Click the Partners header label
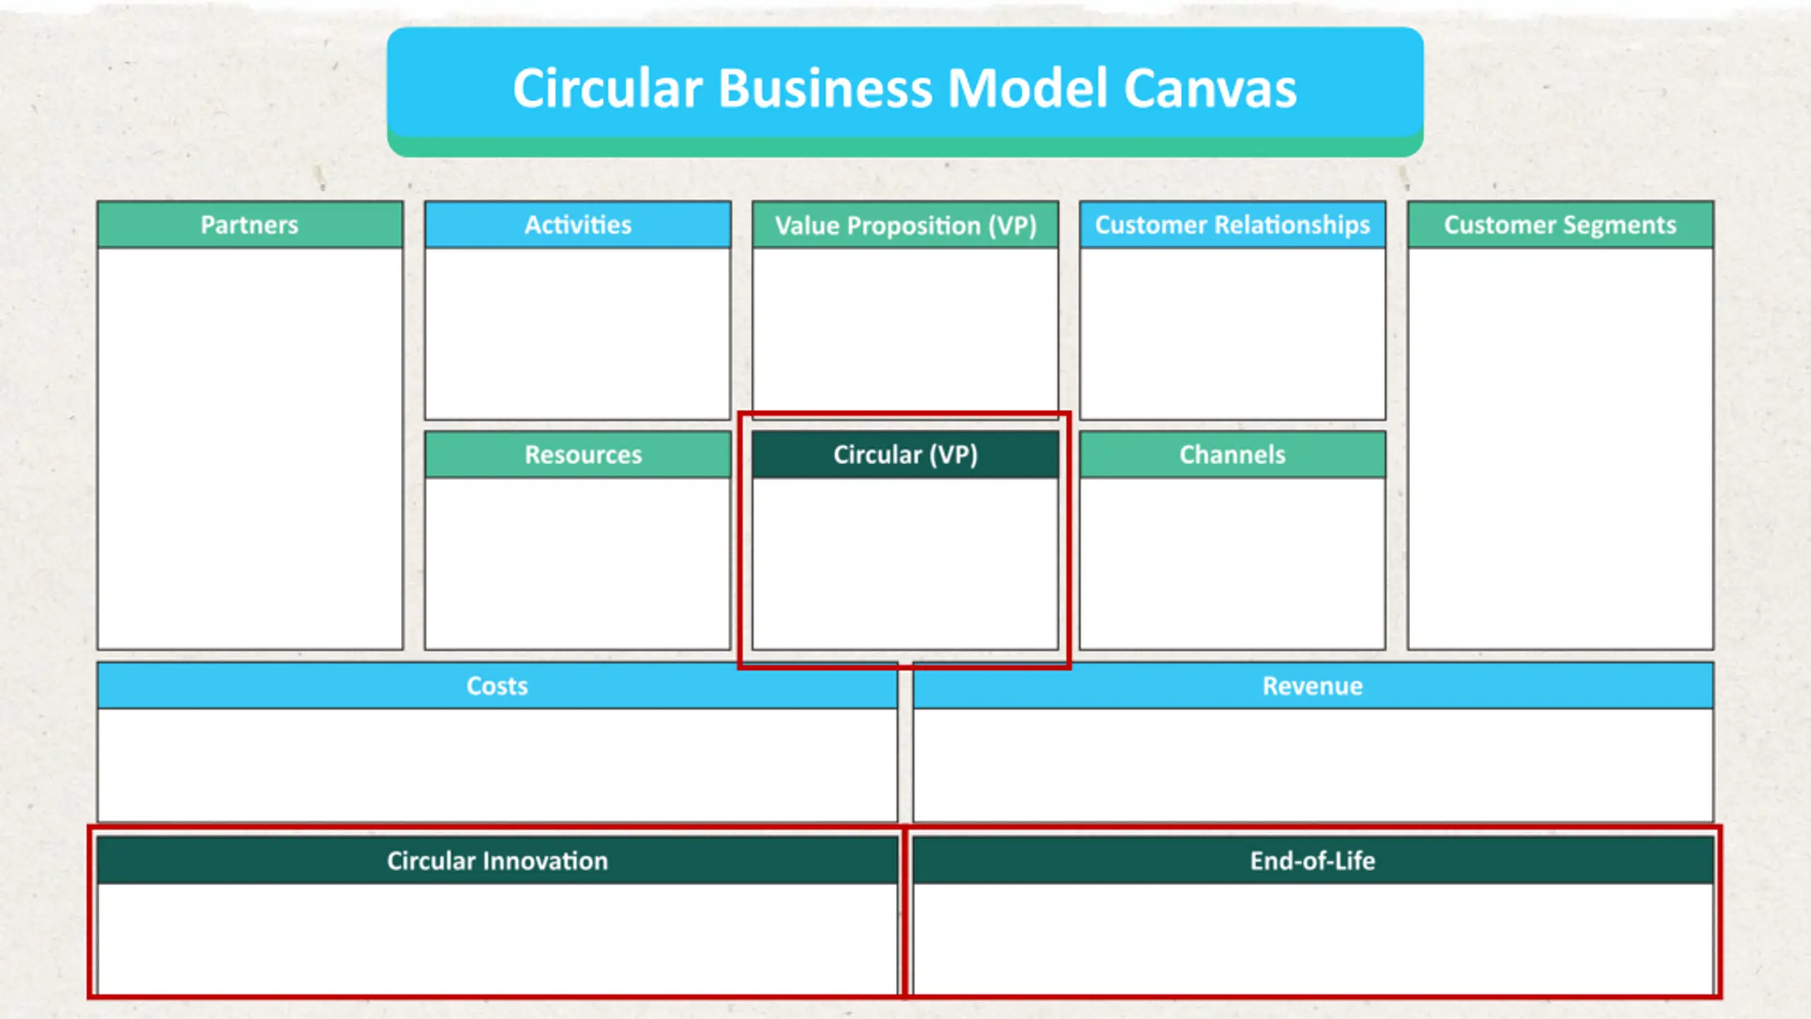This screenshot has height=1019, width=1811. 250,225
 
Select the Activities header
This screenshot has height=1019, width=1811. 578,225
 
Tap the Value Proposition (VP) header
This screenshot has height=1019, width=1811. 905,226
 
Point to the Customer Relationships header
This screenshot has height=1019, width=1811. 1232,225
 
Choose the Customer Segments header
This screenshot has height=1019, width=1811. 1560,225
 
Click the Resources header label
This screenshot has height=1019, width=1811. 584,455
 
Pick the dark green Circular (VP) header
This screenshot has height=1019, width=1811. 905,454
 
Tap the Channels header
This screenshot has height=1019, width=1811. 1232,455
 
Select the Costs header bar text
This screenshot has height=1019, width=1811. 497,686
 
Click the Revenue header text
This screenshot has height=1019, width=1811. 1313,686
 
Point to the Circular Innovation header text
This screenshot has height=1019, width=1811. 497,860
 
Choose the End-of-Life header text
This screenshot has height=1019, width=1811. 1313,860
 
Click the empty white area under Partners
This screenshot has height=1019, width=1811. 250,448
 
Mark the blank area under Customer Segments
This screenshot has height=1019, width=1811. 1561,448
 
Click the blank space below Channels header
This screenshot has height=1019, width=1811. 1232,563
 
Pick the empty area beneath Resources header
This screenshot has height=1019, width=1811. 578,563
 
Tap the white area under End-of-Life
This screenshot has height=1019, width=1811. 1313,938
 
